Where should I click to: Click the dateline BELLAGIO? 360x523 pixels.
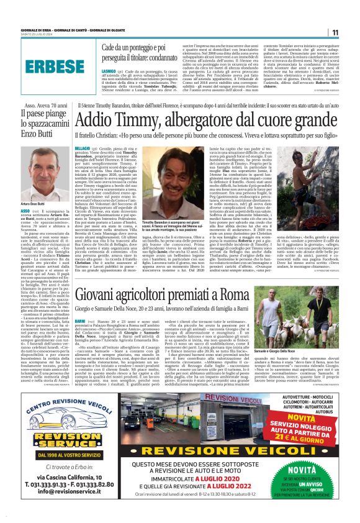(83, 150)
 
